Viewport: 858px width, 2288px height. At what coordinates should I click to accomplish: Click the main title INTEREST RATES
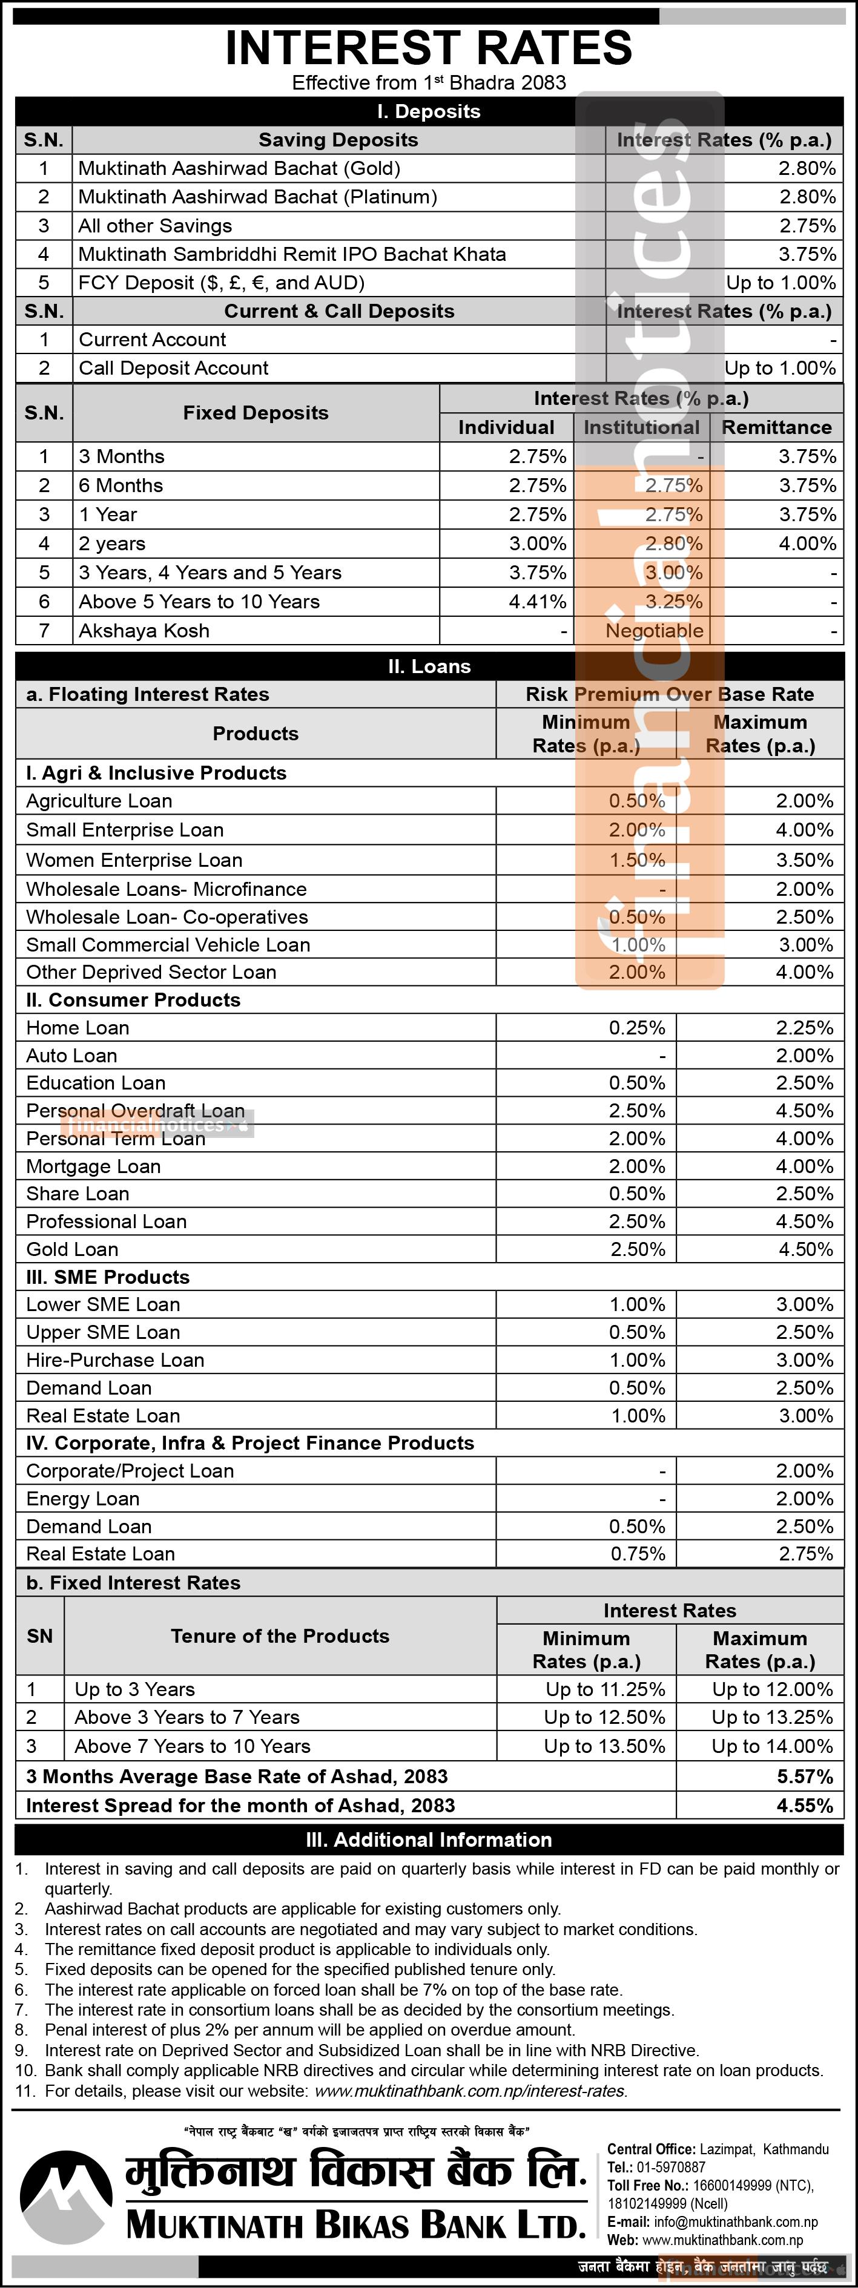pyautogui.click(x=429, y=47)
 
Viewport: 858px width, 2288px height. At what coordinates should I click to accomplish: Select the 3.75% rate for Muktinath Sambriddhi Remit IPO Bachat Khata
pyautogui.click(x=807, y=254)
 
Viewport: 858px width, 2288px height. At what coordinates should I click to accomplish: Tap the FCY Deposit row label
pyautogui.click(x=221, y=283)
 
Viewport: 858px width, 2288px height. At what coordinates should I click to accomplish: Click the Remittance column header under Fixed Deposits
pyautogui.click(x=776, y=427)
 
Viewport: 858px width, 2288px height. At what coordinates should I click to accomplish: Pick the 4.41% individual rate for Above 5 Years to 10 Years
pyautogui.click(x=537, y=601)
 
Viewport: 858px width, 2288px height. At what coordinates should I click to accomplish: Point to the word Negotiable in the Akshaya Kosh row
pyautogui.click(x=655, y=631)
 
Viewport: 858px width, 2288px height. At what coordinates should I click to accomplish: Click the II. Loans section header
pyautogui.click(x=429, y=666)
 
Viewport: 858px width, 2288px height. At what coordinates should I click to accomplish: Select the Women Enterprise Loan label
pyautogui.click(x=134, y=860)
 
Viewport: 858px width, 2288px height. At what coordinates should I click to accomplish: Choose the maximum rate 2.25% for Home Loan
pyautogui.click(x=805, y=1028)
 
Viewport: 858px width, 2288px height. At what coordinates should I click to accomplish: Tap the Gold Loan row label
pyautogui.click(x=72, y=1249)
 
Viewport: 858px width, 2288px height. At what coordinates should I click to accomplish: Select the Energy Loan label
pyautogui.click(x=82, y=1498)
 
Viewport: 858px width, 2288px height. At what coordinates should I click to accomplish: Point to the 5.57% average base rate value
pyautogui.click(x=805, y=1777)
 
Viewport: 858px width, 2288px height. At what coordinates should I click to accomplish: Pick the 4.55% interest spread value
pyautogui.click(x=805, y=1806)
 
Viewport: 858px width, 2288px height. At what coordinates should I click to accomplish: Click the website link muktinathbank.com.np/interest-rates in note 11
pyautogui.click(x=470, y=2091)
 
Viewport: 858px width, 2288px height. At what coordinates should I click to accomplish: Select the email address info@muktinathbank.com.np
pyautogui.click(x=736, y=2221)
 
